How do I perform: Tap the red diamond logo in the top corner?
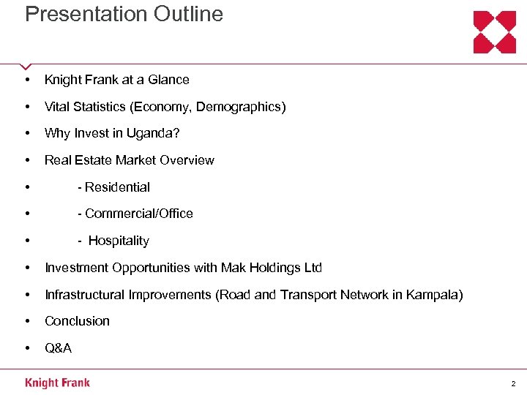495,32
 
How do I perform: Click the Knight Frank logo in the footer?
57,383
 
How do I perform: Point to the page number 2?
513,383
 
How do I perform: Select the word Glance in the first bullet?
170,80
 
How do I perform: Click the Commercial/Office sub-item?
135,214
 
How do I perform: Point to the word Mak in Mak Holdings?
231,268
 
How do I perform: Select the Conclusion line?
77,321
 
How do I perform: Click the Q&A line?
59,348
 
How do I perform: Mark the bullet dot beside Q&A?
27,348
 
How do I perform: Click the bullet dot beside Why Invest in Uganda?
27,133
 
